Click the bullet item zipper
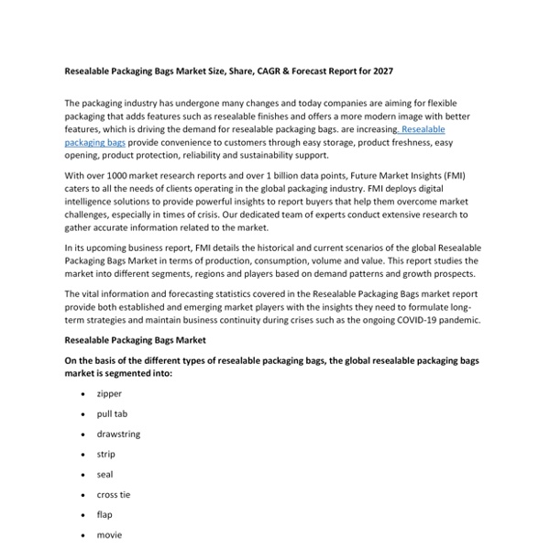pyautogui.click(x=109, y=393)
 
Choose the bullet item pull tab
pyautogui.click(x=112, y=413)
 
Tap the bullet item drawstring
pyautogui.click(x=118, y=434)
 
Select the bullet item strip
pyautogui.click(x=105, y=454)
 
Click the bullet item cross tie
pyautogui.click(x=114, y=494)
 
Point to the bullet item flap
pyautogui.click(x=104, y=514)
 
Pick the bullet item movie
pyautogui.click(x=109, y=534)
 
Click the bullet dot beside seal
pyautogui.click(x=83, y=475)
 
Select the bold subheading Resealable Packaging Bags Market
pyautogui.click(x=135, y=339)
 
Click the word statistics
pyautogui.click(x=229, y=293)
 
